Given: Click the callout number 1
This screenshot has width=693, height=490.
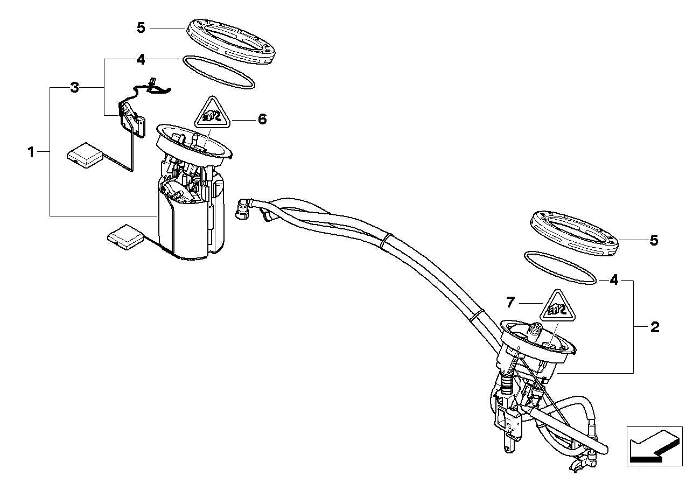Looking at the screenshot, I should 31,152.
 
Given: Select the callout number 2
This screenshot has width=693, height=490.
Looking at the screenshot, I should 655,327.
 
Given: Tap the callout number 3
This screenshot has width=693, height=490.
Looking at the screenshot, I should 75,87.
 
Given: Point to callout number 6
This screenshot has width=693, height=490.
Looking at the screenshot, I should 262,119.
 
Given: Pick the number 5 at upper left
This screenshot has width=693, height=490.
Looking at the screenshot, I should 141,27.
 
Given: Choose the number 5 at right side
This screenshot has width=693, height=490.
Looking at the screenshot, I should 654,240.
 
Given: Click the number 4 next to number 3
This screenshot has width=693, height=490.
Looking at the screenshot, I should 141,59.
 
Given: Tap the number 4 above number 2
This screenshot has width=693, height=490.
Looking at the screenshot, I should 614,280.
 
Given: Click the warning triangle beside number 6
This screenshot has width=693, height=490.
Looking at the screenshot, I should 214,114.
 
